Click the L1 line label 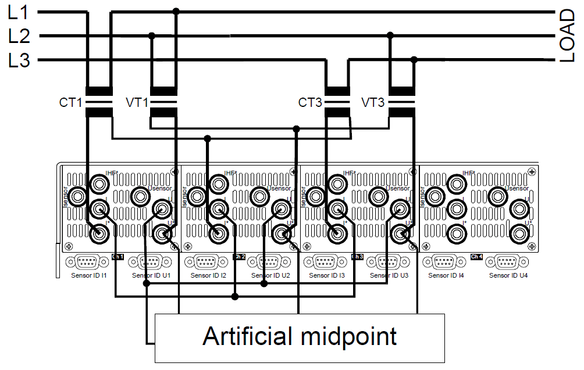(x=19, y=12)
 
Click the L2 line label (x=19, y=36)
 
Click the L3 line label (x=19, y=60)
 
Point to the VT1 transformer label (x=137, y=103)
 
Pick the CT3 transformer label (x=310, y=103)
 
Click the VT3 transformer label (x=373, y=103)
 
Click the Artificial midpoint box (x=300, y=337)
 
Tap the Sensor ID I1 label (x=88, y=275)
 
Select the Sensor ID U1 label (x=151, y=275)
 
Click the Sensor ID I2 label (x=208, y=275)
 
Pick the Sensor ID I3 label (x=327, y=275)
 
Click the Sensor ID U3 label (x=389, y=275)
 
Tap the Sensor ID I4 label (x=445, y=275)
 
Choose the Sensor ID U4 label (x=507, y=275)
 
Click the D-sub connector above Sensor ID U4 (x=507, y=262)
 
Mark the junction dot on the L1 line (x=176, y=11)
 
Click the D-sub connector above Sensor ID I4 (x=445, y=262)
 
